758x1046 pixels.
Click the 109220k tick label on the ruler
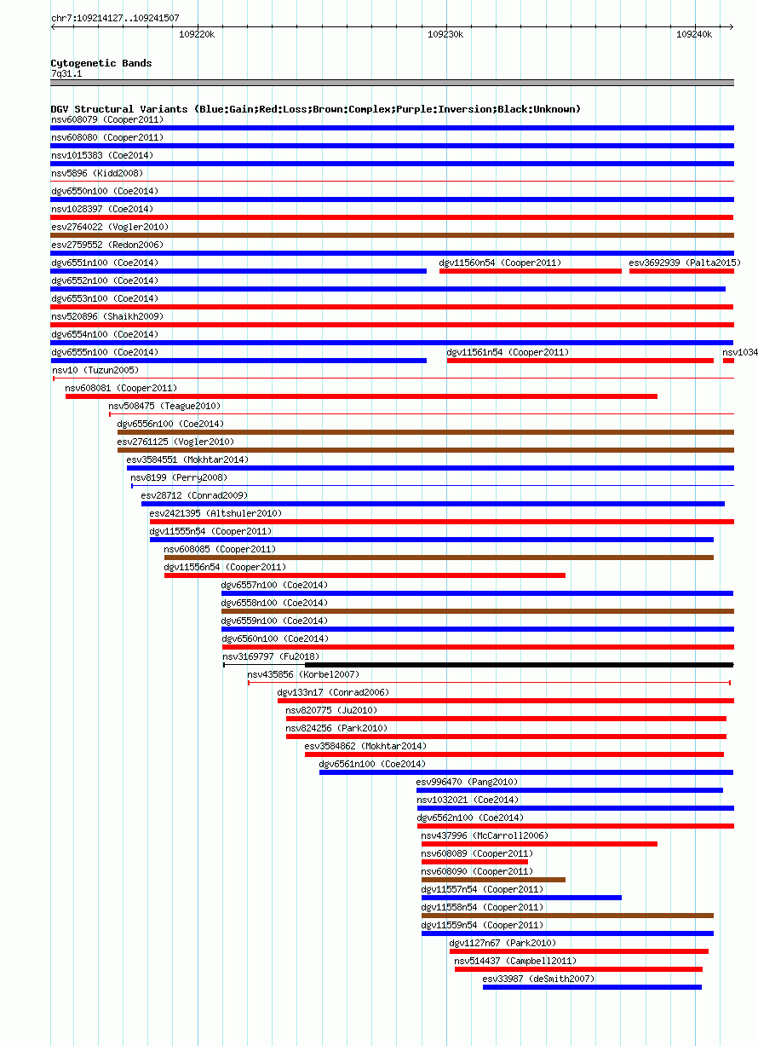point(197,35)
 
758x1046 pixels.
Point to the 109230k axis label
point(445,35)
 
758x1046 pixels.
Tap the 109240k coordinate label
point(694,35)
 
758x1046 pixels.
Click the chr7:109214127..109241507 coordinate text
point(115,18)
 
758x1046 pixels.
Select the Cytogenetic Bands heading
point(101,63)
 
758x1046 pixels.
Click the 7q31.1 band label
point(66,74)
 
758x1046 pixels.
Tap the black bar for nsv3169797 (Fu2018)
point(520,665)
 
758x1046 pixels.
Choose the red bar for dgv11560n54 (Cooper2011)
point(531,271)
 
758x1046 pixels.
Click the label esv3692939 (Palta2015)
point(685,263)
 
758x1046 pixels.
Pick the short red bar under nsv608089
point(475,862)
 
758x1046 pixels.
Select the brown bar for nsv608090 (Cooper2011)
point(493,880)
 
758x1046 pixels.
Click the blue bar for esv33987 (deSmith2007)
point(593,987)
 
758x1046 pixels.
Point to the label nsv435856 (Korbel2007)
point(303,675)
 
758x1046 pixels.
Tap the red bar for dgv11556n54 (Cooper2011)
point(365,575)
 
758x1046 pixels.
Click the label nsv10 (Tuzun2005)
point(95,370)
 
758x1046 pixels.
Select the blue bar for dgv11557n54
point(521,898)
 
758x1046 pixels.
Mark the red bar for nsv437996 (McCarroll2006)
point(539,844)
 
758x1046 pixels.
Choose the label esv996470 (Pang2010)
point(467,783)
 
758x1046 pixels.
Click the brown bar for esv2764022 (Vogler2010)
point(393,235)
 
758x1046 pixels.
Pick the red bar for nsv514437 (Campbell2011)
point(578,969)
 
